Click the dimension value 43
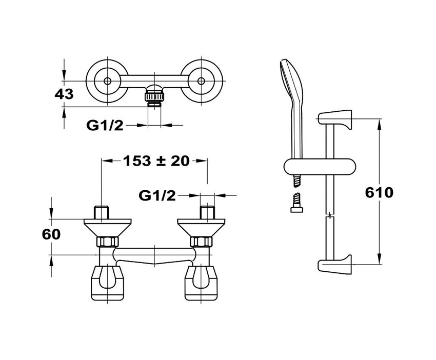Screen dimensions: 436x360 [x=64, y=94]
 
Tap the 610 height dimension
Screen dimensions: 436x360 [x=379, y=192]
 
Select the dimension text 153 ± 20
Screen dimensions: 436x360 [x=156, y=161]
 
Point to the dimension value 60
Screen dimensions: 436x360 [x=51, y=234]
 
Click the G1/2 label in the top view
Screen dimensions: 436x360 [x=105, y=125]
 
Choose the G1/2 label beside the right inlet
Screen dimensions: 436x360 [x=157, y=196]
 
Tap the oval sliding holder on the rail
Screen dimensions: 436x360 [x=320, y=167]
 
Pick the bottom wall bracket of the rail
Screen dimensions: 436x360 [x=335, y=264]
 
